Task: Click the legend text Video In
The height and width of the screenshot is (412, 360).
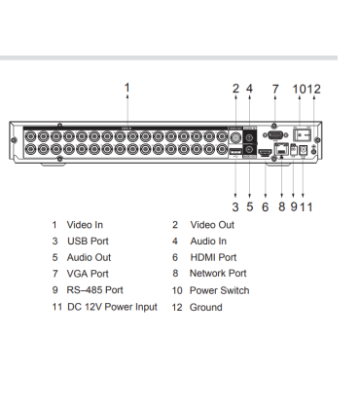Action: pyautogui.click(x=85, y=225)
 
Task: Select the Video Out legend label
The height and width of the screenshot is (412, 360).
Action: pyautogui.click(x=212, y=225)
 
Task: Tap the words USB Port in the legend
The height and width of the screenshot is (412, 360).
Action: pyautogui.click(x=88, y=241)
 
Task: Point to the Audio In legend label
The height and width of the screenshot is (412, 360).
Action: pyautogui.click(x=208, y=241)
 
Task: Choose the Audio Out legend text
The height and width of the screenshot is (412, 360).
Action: pyautogui.click(x=90, y=257)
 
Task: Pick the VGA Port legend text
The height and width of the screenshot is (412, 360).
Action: pyautogui.click(x=88, y=274)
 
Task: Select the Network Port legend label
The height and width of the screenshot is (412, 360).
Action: pyautogui.click(x=218, y=274)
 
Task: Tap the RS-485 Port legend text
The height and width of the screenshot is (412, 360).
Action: pyautogui.click(x=94, y=290)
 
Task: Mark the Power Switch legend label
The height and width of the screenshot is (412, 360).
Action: pyautogui.click(x=219, y=290)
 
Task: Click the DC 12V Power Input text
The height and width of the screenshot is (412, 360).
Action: pyautogui.click(x=112, y=307)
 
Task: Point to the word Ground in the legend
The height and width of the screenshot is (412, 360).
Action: pyautogui.click(x=205, y=307)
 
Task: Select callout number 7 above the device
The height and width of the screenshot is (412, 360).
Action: pyautogui.click(x=275, y=89)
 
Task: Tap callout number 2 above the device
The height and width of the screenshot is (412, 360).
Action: pyautogui.click(x=235, y=89)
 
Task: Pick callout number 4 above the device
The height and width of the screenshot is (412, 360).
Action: pyautogui.click(x=250, y=89)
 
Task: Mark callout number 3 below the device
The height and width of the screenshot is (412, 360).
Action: pyautogui.click(x=235, y=206)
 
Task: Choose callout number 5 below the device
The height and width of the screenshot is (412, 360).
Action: pyautogui.click(x=250, y=206)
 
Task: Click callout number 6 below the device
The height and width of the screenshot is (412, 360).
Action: pyautogui.click(x=265, y=206)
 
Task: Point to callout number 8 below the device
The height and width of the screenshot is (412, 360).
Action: pyautogui.click(x=281, y=206)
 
